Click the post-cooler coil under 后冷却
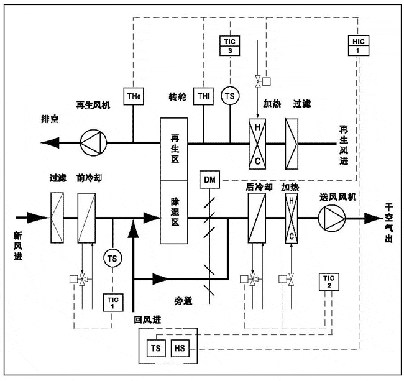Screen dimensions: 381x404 coord(256,218)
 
